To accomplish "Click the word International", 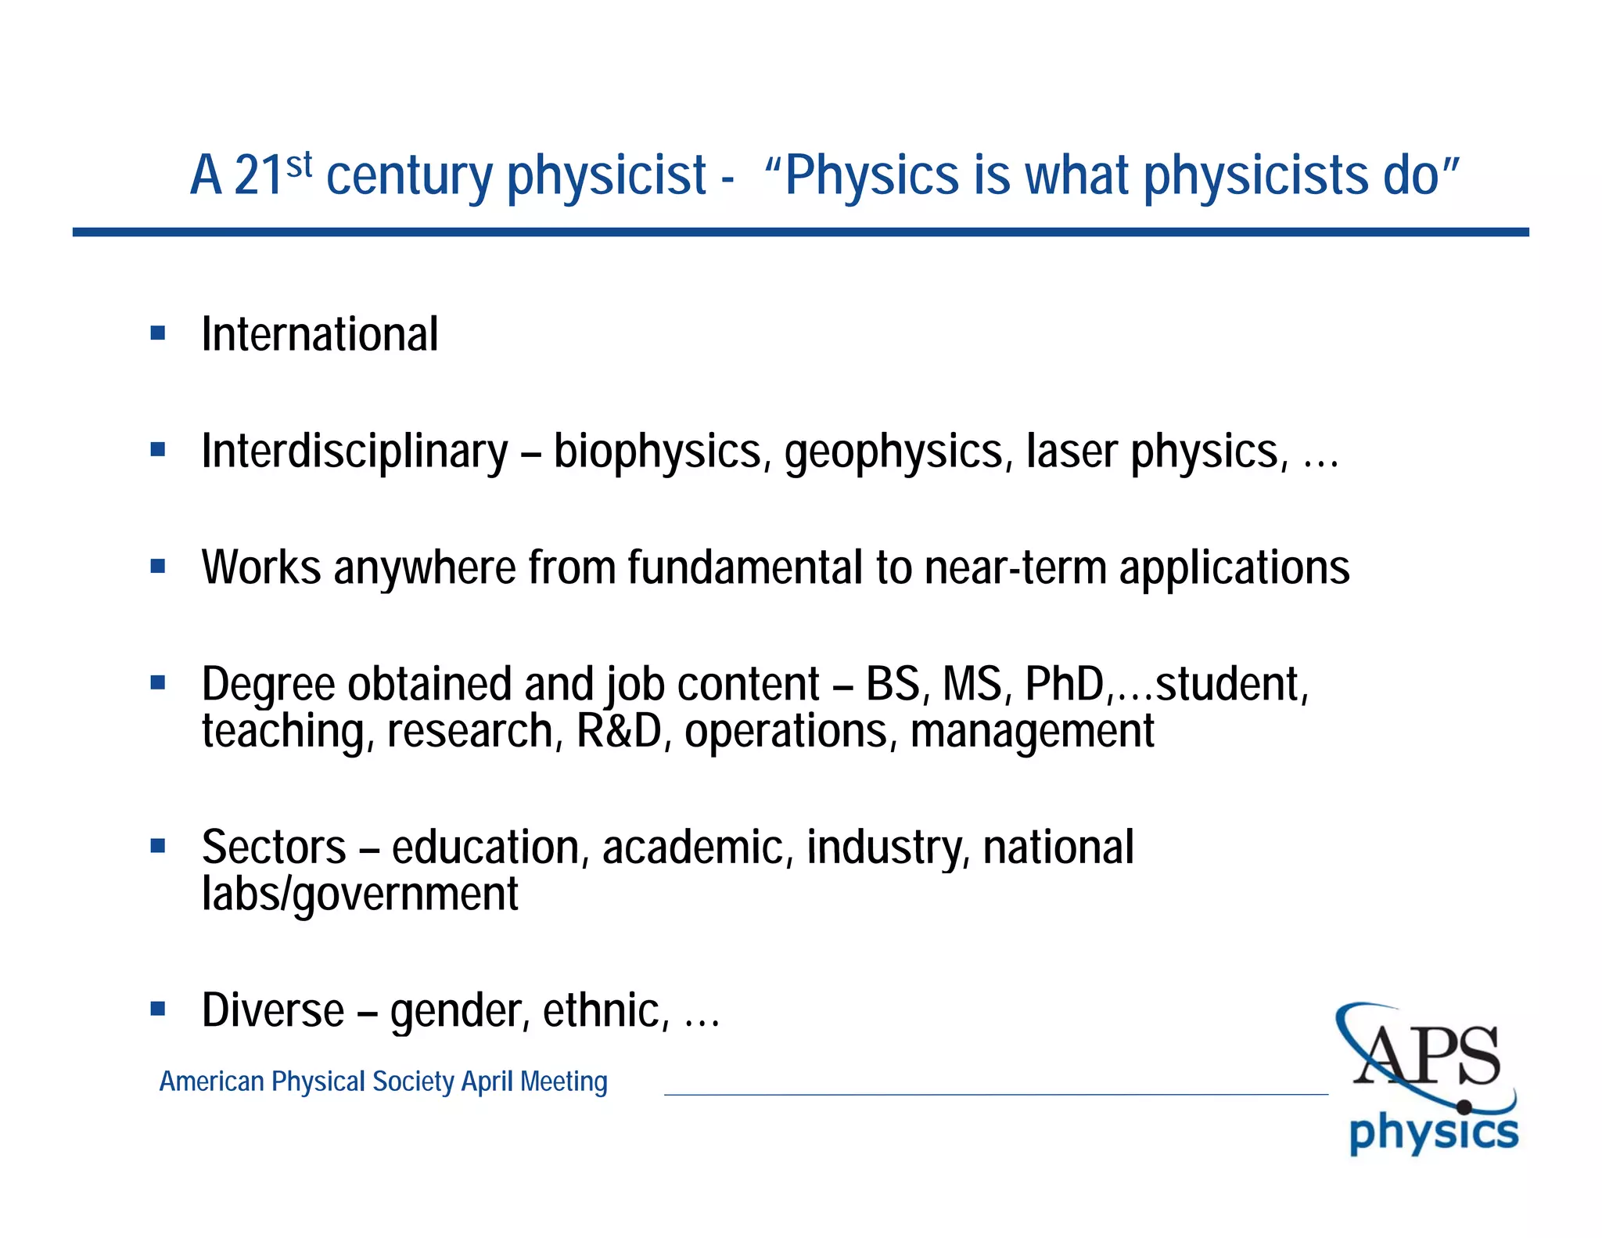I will pos(319,335).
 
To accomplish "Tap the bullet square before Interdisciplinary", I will pos(158,450).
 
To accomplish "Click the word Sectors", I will pos(274,848).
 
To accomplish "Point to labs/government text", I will pos(360,894).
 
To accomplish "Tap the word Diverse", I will pos(273,1010).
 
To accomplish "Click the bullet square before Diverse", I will pos(158,1009).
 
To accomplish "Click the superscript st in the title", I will pos(299,165).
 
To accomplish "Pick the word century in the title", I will pos(408,175).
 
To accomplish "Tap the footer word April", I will pos(487,1081).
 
